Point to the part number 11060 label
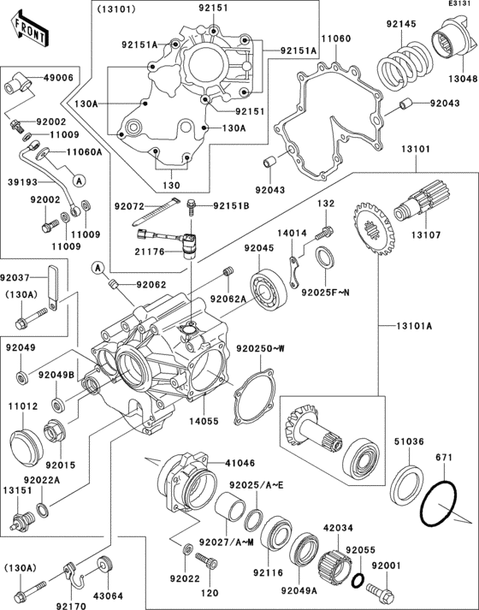[x=336, y=39]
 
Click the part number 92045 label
[x=259, y=248]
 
